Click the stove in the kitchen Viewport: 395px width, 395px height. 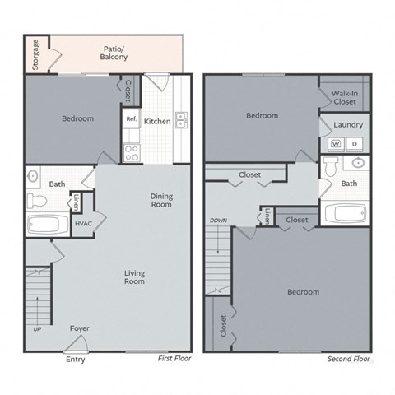131,151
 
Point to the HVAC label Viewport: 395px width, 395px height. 83,224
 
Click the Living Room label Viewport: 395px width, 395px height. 134,277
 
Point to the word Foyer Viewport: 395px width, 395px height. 79,328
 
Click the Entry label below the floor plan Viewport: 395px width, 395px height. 75,360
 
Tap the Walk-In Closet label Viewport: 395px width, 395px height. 344,98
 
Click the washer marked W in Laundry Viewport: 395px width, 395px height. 336,143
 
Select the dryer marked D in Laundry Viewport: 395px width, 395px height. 355,143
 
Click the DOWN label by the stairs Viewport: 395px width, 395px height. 218,221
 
